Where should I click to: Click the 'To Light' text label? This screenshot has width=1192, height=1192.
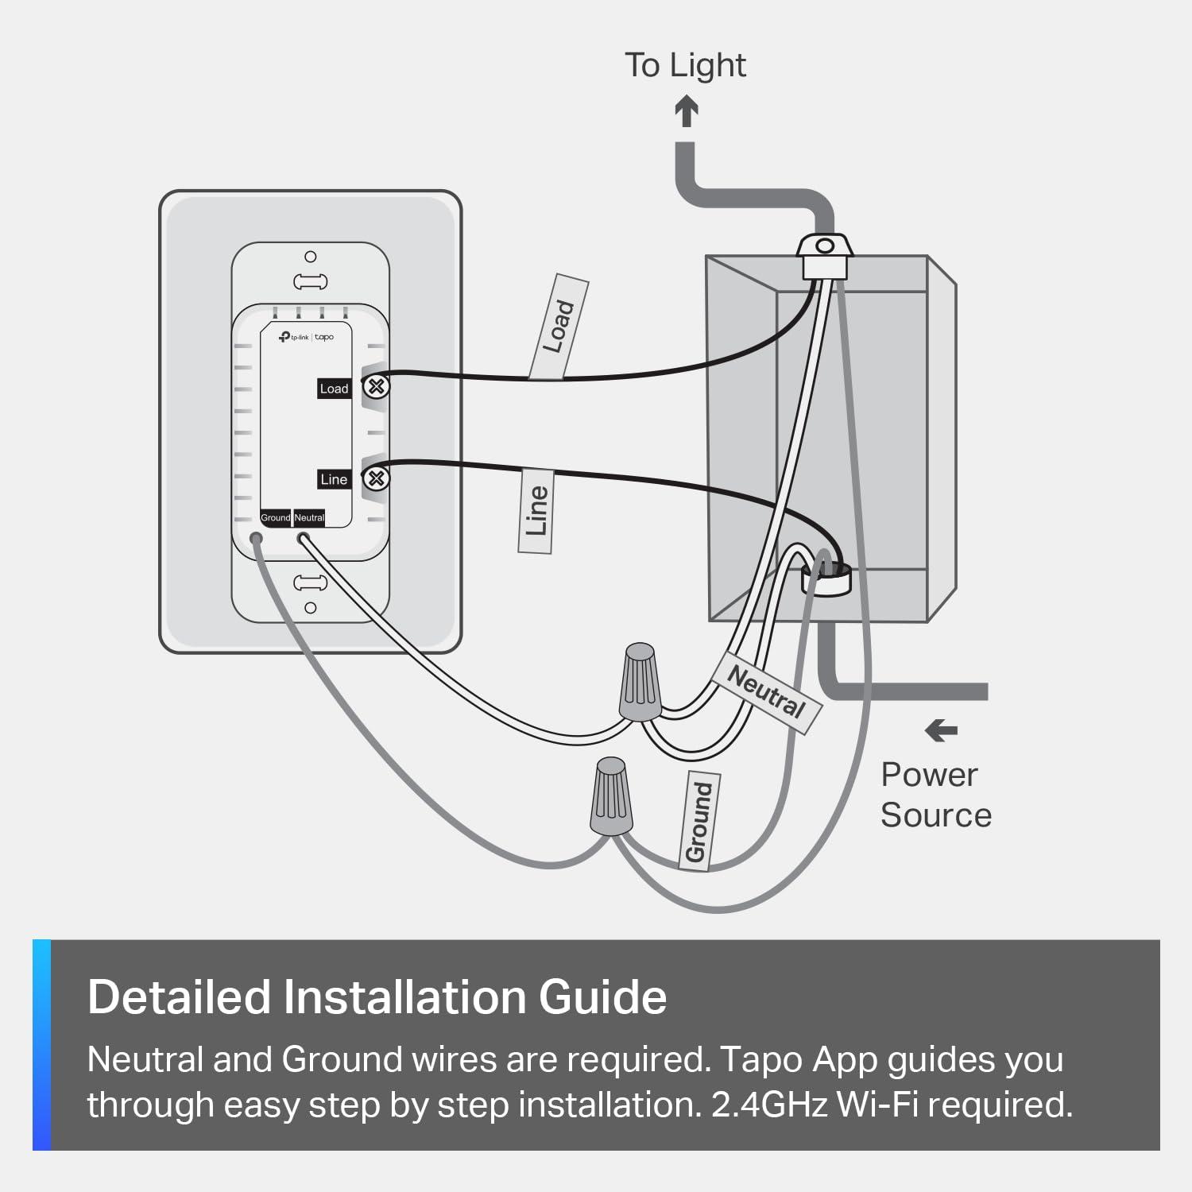pyautogui.click(x=685, y=65)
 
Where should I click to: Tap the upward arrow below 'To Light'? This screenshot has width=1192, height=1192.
pyautogui.click(x=687, y=112)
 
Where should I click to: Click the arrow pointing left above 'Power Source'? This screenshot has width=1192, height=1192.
pyautogui.click(x=942, y=730)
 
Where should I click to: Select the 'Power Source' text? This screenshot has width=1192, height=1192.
pyautogui.click(x=935, y=795)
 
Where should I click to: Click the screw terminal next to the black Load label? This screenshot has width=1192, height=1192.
pyautogui.click(x=377, y=387)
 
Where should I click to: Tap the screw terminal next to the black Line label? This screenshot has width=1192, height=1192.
pyautogui.click(x=377, y=478)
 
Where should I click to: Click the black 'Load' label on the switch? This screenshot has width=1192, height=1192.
pyautogui.click(x=334, y=389)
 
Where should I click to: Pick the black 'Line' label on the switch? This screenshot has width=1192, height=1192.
pyautogui.click(x=334, y=479)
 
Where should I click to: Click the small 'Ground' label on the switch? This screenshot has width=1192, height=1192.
pyautogui.click(x=276, y=517)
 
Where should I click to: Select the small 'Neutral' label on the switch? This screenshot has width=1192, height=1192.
pyautogui.click(x=310, y=517)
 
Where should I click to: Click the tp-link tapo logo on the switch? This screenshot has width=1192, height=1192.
pyautogui.click(x=306, y=337)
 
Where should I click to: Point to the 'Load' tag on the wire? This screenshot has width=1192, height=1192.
pyautogui.click(x=559, y=327)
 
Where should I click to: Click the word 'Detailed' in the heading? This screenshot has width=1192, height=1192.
pyautogui.click(x=179, y=997)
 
